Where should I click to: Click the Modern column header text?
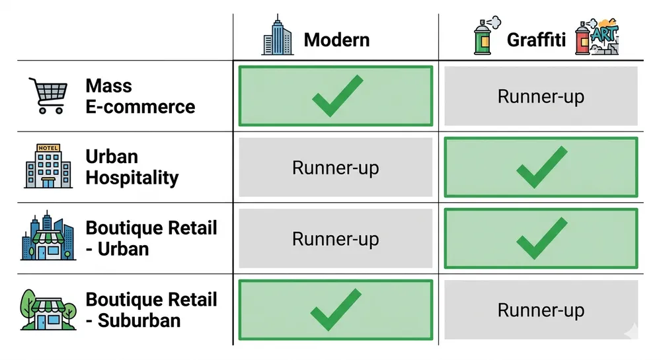click(x=336, y=40)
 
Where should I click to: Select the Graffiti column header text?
click(x=536, y=40)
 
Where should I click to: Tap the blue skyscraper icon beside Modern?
click(x=277, y=37)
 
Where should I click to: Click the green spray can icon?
click(x=485, y=37)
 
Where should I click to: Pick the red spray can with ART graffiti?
click(x=598, y=38)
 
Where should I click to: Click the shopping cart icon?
click(x=47, y=96)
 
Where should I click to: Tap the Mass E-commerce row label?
click(x=139, y=96)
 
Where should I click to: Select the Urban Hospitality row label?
click(x=132, y=167)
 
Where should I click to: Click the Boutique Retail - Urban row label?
click(x=151, y=238)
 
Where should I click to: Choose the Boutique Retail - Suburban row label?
click(x=151, y=310)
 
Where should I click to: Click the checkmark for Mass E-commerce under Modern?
click(x=336, y=96)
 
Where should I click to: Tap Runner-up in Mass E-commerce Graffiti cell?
click(x=541, y=96)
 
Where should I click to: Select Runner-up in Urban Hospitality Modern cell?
click(x=336, y=168)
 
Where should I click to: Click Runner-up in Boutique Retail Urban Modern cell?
click(x=336, y=238)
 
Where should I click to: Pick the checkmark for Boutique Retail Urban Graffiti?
click(x=541, y=238)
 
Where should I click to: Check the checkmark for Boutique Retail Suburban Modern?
click(x=336, y=310)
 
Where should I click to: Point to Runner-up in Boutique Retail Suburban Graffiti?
click(x=541, y=310)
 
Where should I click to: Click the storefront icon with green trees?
click(x=46, y=308)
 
